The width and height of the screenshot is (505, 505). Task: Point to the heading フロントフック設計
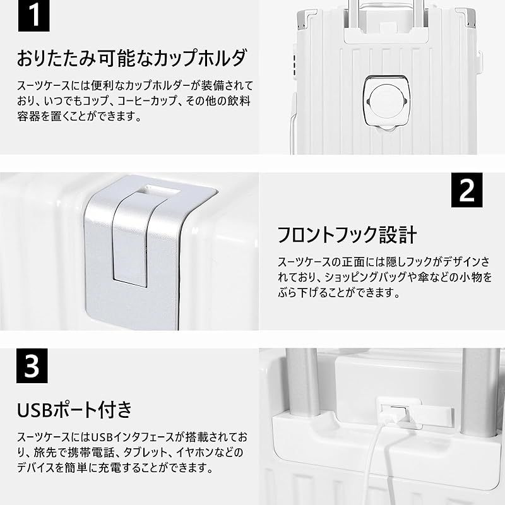coord(347,235)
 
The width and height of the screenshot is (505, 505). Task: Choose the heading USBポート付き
coord(74,409)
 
